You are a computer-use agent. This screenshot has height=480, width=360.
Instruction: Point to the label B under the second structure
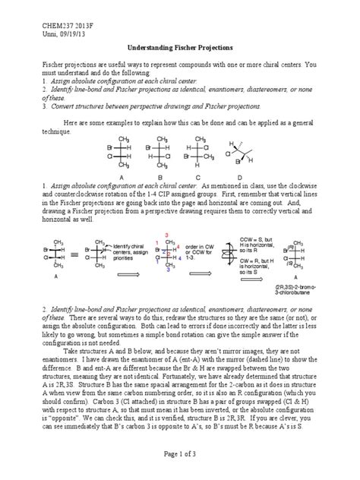(x=158, y=178)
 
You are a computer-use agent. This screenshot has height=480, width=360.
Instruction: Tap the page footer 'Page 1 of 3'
(x=179, y=453)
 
